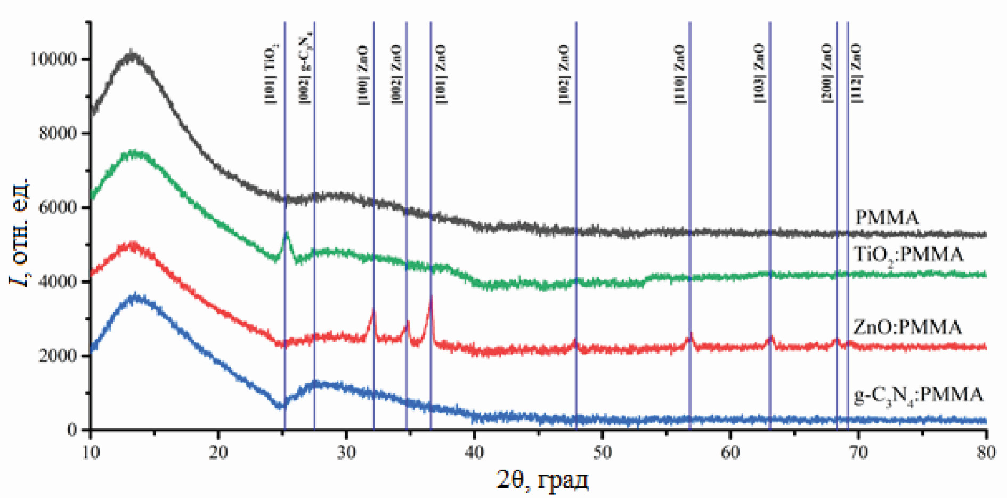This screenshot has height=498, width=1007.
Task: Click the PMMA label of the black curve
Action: click(887, 218)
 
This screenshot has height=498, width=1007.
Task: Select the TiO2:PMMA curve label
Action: click(909, 255)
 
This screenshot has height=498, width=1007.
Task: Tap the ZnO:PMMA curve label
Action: click(907, 327)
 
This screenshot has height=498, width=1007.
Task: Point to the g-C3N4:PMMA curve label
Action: click(918, 396)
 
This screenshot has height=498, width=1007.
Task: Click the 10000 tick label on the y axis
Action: click(53, 59)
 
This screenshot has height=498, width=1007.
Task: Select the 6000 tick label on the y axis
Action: click(58, 207)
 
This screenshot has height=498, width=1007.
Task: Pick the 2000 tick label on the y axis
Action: click(58, 356)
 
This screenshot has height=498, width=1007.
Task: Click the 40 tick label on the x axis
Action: click(474, 453)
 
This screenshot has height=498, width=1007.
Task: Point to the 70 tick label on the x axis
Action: click(858, 453)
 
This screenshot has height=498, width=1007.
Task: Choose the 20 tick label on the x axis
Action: click(218, 453)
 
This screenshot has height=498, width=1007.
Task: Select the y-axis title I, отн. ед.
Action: click(19, 232)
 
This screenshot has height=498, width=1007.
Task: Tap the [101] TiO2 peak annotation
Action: click(271, 74)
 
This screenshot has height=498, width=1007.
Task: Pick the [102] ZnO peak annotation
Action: click(564, 74)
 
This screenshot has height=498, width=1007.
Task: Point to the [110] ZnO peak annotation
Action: click(680, 74)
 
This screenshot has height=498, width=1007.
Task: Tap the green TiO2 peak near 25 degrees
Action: click(287, 234)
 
